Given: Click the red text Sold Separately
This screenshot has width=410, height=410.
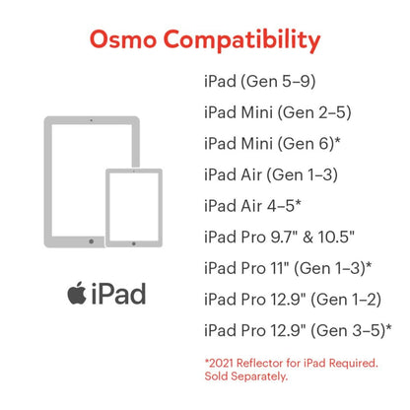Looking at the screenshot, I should pyautogui.click(x=246, y=376).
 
